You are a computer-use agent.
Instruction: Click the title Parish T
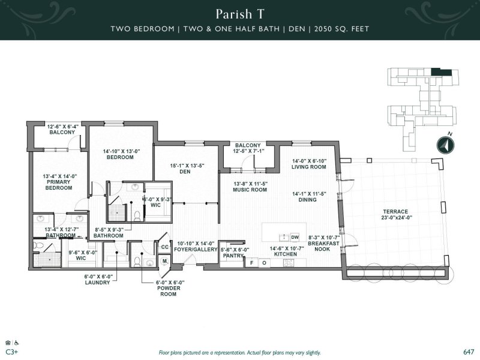tap(239, 14)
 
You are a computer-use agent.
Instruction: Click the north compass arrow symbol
tap(445, 145)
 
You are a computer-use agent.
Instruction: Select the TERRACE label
tap(396, 212)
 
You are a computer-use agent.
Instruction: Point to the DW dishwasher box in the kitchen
tap(295, 237)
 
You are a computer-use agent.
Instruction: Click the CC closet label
tap(164, 247)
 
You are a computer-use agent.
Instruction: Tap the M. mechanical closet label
tap(164, 261)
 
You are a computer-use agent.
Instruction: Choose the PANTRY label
tap(232, 256)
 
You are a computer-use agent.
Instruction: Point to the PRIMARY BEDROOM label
tap(59, 184)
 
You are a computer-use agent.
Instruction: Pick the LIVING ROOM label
tap(309, 167)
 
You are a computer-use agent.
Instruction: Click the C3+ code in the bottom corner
tap(11, 352)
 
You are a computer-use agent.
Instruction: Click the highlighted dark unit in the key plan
tap(440, 73)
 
